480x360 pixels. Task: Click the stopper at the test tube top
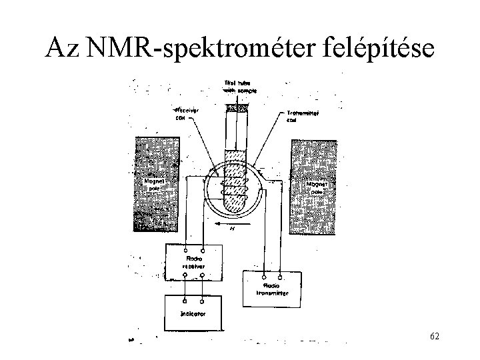237,105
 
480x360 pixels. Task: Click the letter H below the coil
233,230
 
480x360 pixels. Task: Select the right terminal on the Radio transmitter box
279,276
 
